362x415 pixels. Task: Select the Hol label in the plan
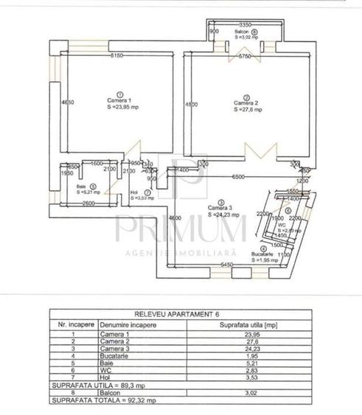134,193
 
